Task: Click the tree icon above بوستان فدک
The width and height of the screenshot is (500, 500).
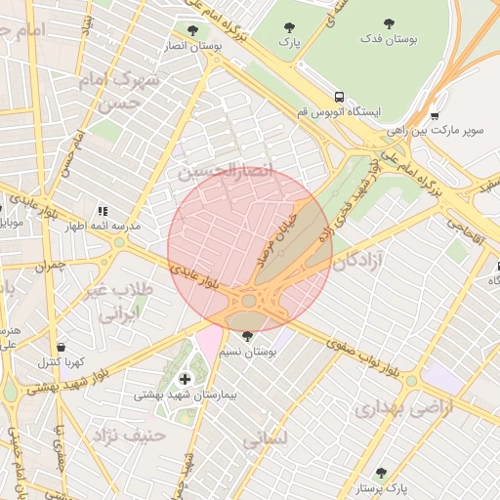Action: click(x=389, y=22)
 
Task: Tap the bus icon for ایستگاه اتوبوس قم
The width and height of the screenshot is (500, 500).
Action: click(x=339, y=97)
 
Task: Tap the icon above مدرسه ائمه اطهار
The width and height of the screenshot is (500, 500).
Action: click(x=102, y=210)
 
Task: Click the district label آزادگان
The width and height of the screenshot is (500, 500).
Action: click(x=362, y=260)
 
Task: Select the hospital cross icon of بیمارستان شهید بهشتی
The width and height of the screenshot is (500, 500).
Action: click(x=185, y=378)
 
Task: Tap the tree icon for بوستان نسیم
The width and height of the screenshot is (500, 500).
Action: click(x=247, y=335)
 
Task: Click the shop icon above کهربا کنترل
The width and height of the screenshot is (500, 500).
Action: click(x=62, y=347)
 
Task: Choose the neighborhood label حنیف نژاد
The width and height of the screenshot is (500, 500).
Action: click(x=128, y=432)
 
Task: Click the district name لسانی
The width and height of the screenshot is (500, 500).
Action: click(x=264, y=440)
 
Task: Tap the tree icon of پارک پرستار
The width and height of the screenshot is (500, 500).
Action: click(x=381, y=473)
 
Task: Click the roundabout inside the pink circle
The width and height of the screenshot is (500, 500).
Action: click(x=249, y=301)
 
